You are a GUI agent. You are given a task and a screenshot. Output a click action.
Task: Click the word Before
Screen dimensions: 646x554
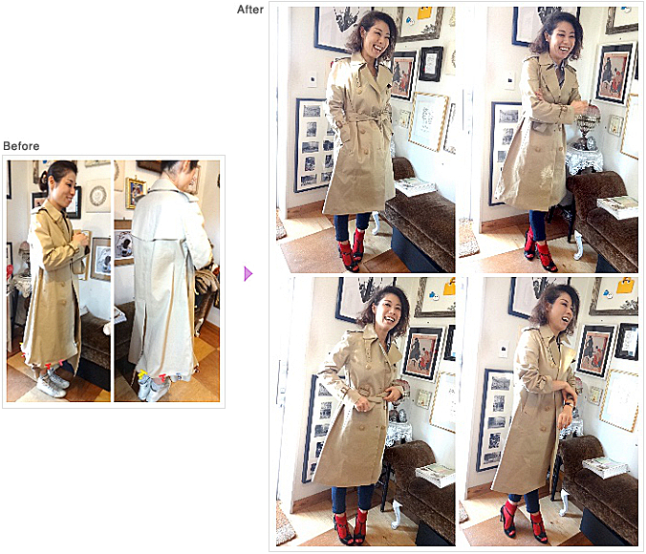coord(21,146)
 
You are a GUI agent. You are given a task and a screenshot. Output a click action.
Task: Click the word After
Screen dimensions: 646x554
coord(250,10)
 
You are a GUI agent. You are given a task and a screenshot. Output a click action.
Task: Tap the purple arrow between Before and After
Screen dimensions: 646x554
coord(248,273)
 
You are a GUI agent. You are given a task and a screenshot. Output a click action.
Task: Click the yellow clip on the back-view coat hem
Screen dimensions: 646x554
coord(142,374)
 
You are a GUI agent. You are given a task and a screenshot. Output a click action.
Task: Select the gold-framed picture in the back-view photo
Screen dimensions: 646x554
coord(136,192)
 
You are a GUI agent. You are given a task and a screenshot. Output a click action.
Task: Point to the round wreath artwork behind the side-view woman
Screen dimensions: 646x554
coord(97,195)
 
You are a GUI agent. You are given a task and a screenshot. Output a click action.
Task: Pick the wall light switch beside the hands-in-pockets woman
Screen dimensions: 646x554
coord(312,78)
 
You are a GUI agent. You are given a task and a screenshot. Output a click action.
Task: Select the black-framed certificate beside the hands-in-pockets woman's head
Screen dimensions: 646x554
coord(431,64)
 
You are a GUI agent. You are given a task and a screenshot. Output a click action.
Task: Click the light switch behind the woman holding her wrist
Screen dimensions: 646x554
coord(504,351)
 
